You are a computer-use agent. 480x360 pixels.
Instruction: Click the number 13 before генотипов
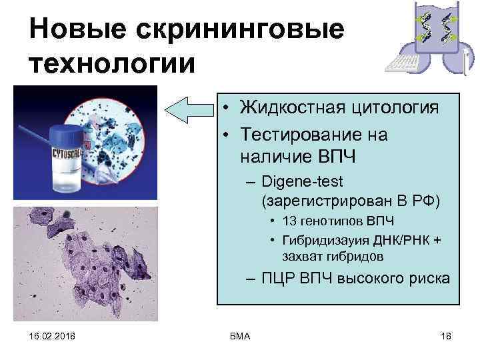(290, 221)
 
